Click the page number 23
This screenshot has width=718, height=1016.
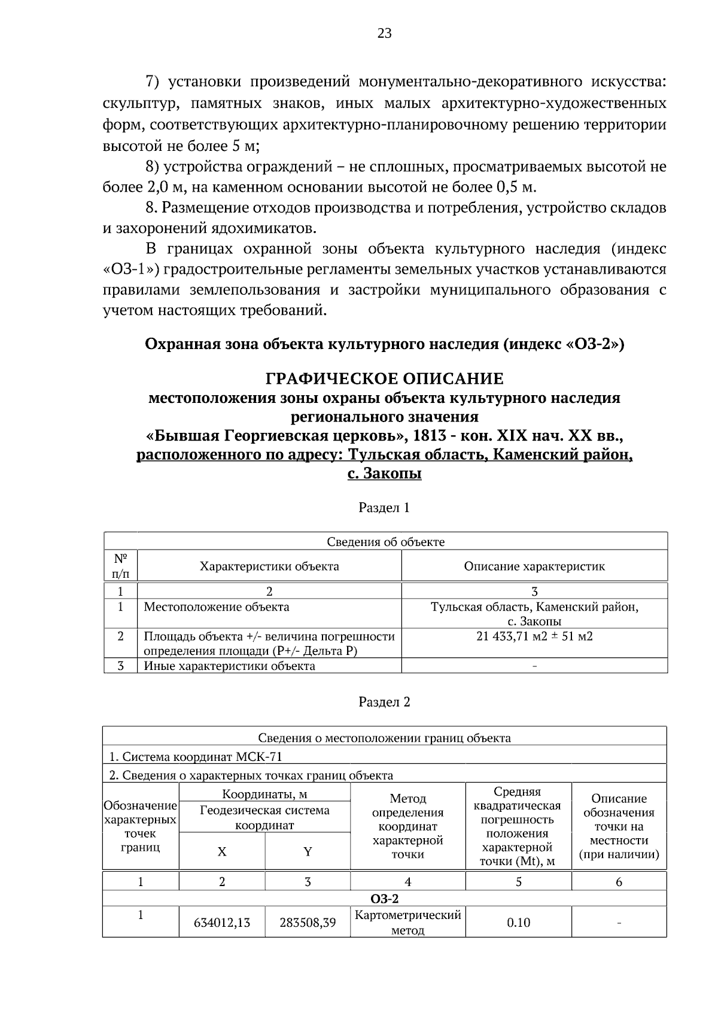384,34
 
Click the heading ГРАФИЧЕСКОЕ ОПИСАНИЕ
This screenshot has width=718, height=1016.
384,379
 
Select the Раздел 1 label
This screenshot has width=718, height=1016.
384,508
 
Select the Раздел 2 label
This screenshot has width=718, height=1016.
384,702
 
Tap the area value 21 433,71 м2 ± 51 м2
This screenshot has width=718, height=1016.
534,636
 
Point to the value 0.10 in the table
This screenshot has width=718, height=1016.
518,923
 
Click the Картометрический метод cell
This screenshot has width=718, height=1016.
407,923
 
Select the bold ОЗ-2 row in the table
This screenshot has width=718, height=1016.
384,899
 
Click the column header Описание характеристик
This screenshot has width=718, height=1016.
534,566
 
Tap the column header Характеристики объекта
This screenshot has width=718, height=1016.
269,566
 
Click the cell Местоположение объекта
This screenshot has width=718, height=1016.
217,607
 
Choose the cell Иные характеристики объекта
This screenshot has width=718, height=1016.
229,666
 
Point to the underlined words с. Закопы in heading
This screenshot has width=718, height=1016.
384,474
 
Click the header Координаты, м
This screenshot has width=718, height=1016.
264,794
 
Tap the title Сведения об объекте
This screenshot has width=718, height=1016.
385,542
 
